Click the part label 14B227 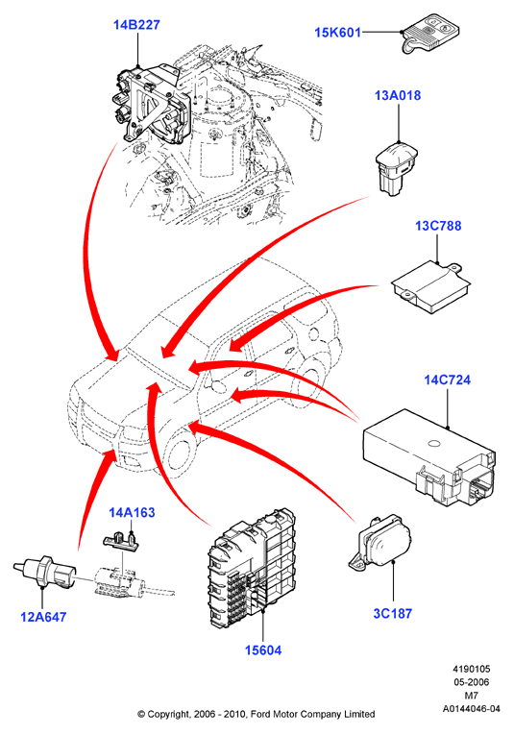click(136, 25)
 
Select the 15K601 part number click(337, 33)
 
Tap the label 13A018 click(398, 96)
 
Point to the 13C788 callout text click(438, 226)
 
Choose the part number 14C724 click(448, 380)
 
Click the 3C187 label click(393, 613)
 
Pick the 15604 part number click(263, 650)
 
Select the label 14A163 click(132, 512)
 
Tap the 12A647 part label click(43, 617)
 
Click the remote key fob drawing click(430, 35)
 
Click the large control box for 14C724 click(428, 458)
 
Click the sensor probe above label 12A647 click(43, 570)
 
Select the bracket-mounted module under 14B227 click(152, 104)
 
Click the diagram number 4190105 click(471, 669)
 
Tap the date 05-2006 click(471, 682)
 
